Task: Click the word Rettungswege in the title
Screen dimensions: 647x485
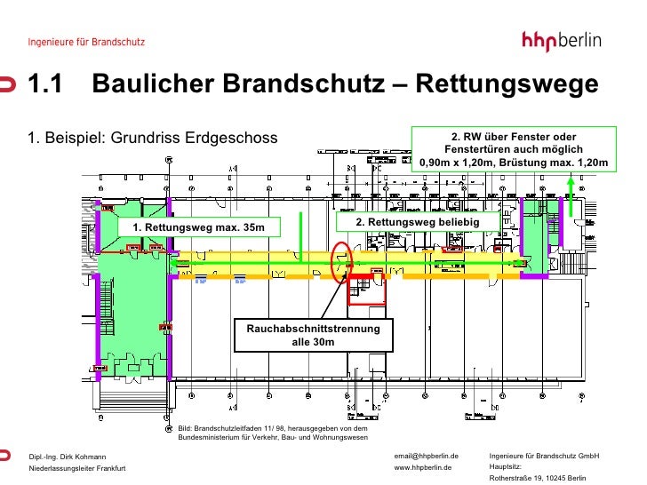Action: [x=507, y=85]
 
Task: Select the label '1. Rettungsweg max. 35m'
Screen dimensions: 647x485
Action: [x=199, y=228]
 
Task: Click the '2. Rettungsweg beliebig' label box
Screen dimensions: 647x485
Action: [x=418, y=221]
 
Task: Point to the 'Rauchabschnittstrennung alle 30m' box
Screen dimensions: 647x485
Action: [x=313, y=335]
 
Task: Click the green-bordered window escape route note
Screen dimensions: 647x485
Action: [x=514, y=149]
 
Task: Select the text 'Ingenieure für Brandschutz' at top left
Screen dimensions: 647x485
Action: [x=87, y=42]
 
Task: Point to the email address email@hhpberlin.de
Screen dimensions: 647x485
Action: [x=426, y=456]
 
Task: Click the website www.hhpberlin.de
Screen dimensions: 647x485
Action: [x=423, y=467]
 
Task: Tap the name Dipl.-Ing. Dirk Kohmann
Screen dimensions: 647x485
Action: [x=68, y=457]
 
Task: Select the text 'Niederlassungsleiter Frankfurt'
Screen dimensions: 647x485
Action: [x=78, y=468]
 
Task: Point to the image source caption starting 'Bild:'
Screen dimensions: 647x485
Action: [x=273, y=433]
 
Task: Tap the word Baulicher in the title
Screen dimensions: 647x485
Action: [x=156, y=85]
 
